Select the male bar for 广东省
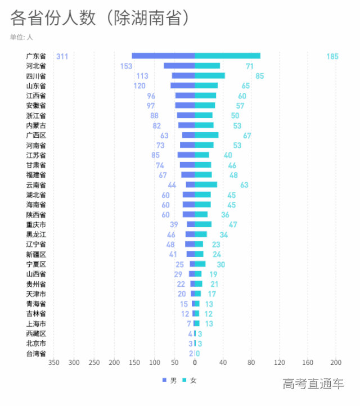click(163, 56)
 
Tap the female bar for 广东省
click(227, 56)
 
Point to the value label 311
click(62, 56)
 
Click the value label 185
click(332, 56)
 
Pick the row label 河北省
click(36, 66)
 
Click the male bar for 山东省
click(183, 85)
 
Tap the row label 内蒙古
click(36, 125)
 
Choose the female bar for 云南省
click(206, 184)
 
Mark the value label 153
click(126, 66)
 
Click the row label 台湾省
click(36, 353)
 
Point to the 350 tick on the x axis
click(53, 363)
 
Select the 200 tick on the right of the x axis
click(336, 363)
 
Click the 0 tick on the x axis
click(195, 363)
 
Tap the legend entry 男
click(169, 381)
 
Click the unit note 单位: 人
click(21, 37)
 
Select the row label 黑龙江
click(36, 234)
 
